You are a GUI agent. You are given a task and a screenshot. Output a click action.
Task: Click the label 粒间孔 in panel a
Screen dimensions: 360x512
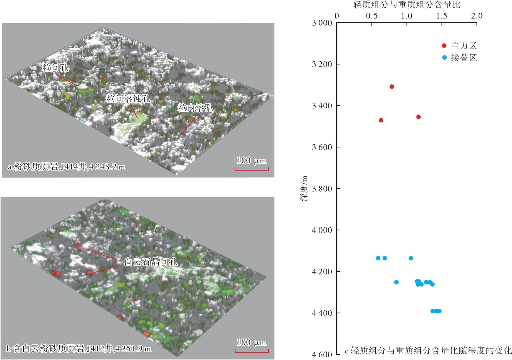pos(56,68)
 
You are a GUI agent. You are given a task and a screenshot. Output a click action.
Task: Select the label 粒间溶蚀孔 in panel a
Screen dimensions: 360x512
pos(128,99)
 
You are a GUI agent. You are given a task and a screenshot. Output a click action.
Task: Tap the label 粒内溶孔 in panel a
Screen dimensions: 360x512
pos(195,108)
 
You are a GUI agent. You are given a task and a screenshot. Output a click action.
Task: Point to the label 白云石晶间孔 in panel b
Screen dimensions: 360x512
pos(151,262)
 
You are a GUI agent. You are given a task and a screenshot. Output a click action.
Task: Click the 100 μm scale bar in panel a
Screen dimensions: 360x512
pos(252,169)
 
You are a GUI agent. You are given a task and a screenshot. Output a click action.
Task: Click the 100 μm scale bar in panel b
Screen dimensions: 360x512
pos(252,351)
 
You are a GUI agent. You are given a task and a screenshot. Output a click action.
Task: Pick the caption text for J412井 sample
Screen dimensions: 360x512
pos(78,349)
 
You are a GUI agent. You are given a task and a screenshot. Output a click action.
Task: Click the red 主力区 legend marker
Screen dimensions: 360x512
pos(444,46)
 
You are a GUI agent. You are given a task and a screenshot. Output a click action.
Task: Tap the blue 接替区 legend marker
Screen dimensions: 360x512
pos(444,58)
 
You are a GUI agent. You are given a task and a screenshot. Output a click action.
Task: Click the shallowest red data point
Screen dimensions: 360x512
pos(391,87)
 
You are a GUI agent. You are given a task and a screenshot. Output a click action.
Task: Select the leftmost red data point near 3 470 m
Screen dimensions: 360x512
pos(381,120)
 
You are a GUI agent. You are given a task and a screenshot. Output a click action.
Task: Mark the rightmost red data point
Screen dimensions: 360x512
pos(419,117)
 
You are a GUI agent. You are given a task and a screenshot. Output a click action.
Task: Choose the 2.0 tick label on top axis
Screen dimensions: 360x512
pos(476,16)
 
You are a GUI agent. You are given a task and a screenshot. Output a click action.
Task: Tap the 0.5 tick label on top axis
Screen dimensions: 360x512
pos(372,16)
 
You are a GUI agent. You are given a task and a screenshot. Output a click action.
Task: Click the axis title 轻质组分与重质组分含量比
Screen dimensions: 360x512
pos(406,5)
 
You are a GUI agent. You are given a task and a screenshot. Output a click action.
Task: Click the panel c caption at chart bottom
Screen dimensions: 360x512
pos(428,351)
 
